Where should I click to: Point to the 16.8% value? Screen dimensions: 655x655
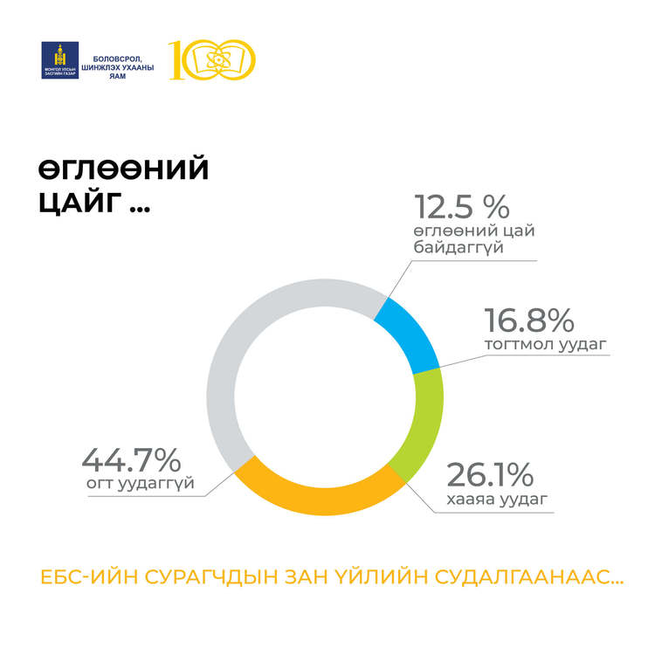point(524,318)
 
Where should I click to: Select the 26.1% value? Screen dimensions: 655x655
point(489,476)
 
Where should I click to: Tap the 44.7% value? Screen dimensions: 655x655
point(131,459)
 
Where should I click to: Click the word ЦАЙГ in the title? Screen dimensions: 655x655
point(78,203)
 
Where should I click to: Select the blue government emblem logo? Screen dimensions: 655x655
point(60,59)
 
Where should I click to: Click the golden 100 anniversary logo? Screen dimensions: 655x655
point(212,59)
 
